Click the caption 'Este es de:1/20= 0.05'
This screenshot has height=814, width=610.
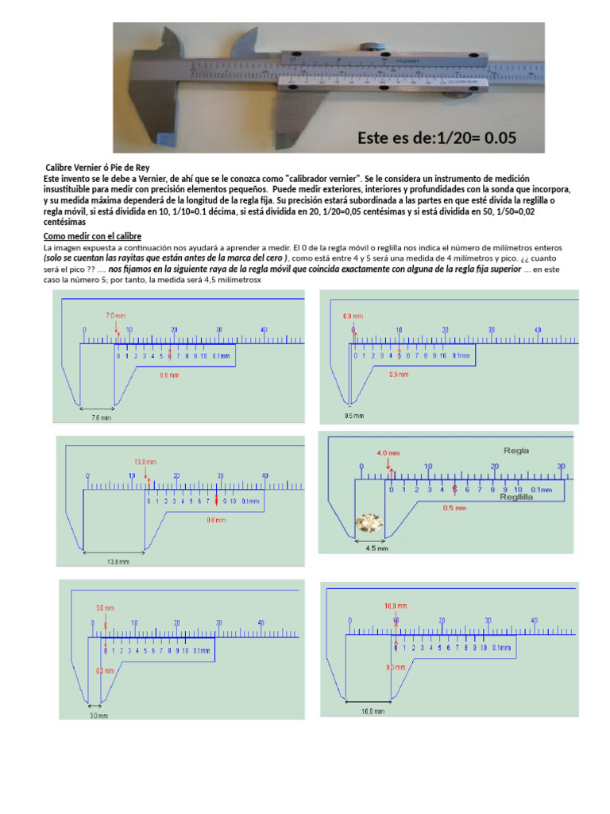click(437, 138)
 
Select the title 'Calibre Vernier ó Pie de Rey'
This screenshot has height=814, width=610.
click(97, 168)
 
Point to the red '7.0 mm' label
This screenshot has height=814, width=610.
click(116, 316)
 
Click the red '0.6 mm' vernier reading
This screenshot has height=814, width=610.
click(169, 374)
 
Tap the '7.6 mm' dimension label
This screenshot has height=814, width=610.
click(101, 417)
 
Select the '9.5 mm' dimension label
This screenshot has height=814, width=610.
click(354, 416)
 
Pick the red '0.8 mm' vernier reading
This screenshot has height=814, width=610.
click(216, 521)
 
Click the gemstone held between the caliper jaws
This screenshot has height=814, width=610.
click(370, 523)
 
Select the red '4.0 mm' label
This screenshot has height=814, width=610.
click(388, 453)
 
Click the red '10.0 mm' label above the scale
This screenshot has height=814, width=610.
click(396, 606)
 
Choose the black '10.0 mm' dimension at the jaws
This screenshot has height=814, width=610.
click(373, 711)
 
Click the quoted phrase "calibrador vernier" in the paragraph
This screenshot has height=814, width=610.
click(319, 179)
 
